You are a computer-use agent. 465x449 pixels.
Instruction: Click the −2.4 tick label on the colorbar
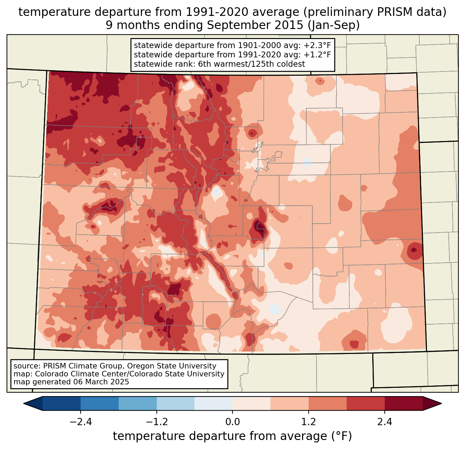pyautogui.click(x=81, y=422)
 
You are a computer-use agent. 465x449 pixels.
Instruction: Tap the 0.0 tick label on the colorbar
pyautogui.click(x=232, y=422)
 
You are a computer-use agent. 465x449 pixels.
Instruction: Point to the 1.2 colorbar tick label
pyautogui.click(x=309, y=422)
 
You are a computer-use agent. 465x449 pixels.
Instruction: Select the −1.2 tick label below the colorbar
pyautogui.click(x=157, y=422)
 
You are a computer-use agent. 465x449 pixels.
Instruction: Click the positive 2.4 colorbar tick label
pyautogui.click(x=385, y=422)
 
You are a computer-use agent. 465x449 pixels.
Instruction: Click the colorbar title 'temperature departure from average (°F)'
pyautogui.click(x=232, y=436)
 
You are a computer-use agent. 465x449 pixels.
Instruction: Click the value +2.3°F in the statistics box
pyautogui.click(x=317, y=46)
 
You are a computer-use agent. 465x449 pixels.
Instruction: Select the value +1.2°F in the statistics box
pyautogui.click(x=317, y=55)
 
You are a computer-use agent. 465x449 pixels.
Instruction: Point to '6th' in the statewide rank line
pyautogui.click(x=205, y=64)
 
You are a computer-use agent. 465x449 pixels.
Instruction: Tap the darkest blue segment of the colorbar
pyautogui.click(x=62, y=403)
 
